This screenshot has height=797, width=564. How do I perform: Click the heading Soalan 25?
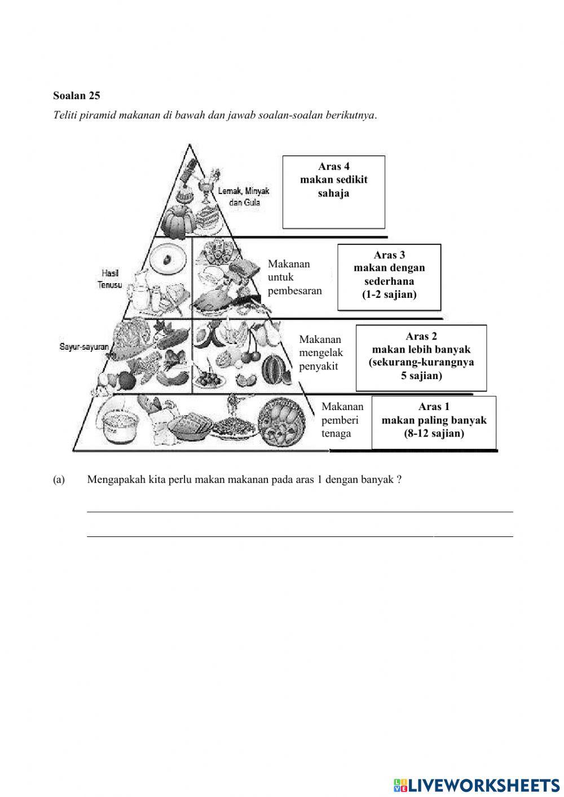(x=77, y=96)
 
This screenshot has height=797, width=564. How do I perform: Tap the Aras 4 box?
(x=333, y=192)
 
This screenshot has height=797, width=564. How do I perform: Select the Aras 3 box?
(x=389, y=277)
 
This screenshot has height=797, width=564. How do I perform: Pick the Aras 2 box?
(x=421, y=358)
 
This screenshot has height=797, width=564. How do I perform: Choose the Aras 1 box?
(x=434, y=422)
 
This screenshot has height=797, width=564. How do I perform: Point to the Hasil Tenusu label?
(x=109, y=279)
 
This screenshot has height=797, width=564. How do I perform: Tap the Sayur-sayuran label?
(x=84, y=347)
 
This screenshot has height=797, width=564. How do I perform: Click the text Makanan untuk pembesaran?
(x=294, y=278)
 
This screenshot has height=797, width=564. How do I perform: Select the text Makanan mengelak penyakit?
(x=320, y=353)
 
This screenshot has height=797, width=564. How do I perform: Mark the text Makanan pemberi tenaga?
(x=342, y=420)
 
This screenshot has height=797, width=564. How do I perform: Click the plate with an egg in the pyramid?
(x=168, y=259)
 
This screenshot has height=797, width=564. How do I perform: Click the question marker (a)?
(x=59, y=480)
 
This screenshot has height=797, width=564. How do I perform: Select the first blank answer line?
(x=299, y=510)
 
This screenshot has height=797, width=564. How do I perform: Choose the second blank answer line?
(x=299, y=535)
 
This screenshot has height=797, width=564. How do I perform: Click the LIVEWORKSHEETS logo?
(x=476, y=785)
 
